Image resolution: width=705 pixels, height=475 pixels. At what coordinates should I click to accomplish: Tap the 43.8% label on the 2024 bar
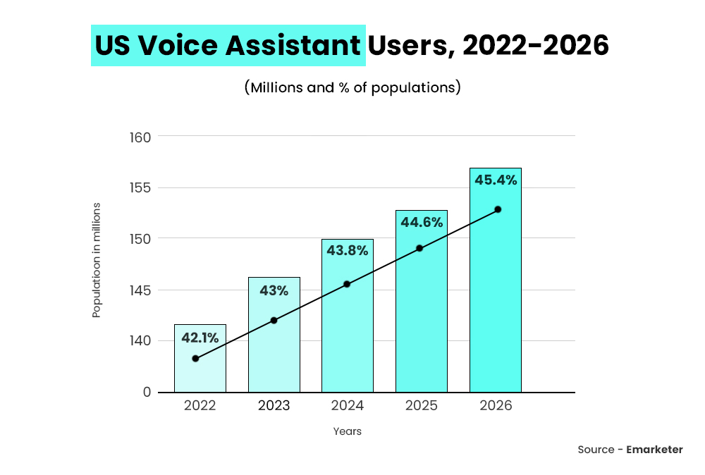tap(348, 249)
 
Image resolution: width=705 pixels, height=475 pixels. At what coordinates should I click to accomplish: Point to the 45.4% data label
tap(496, 180)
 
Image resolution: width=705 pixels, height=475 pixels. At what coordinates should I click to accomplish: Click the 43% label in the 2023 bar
tap(274, 290)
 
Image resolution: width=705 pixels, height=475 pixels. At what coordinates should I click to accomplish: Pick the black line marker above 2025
tap(419, 248)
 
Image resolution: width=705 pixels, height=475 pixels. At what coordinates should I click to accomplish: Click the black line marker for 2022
tap(195, 359)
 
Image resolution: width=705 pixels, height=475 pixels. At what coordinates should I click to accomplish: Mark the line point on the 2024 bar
tap(347, 284)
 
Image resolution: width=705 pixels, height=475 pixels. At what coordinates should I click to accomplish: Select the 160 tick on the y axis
tap(140, 137)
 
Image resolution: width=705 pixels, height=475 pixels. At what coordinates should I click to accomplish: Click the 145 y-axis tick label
tap(140, 290)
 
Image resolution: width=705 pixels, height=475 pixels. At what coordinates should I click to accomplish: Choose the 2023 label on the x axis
tap(274, 406)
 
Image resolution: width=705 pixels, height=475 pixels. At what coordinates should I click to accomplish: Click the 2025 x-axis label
tap(422, 406)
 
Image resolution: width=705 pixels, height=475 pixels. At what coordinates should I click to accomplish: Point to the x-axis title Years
tap(348, 431)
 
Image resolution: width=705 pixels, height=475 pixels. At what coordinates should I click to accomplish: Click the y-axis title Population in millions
tap(97, 260)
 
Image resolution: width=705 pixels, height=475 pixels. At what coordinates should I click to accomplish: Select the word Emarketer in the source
tap(654, 450)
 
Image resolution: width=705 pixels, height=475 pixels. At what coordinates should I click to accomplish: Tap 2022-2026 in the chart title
tap(536, 46)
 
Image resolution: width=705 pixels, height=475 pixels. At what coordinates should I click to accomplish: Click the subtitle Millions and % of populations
tap(352, 88)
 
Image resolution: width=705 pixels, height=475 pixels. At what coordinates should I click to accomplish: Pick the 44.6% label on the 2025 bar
tap(422, 222)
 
